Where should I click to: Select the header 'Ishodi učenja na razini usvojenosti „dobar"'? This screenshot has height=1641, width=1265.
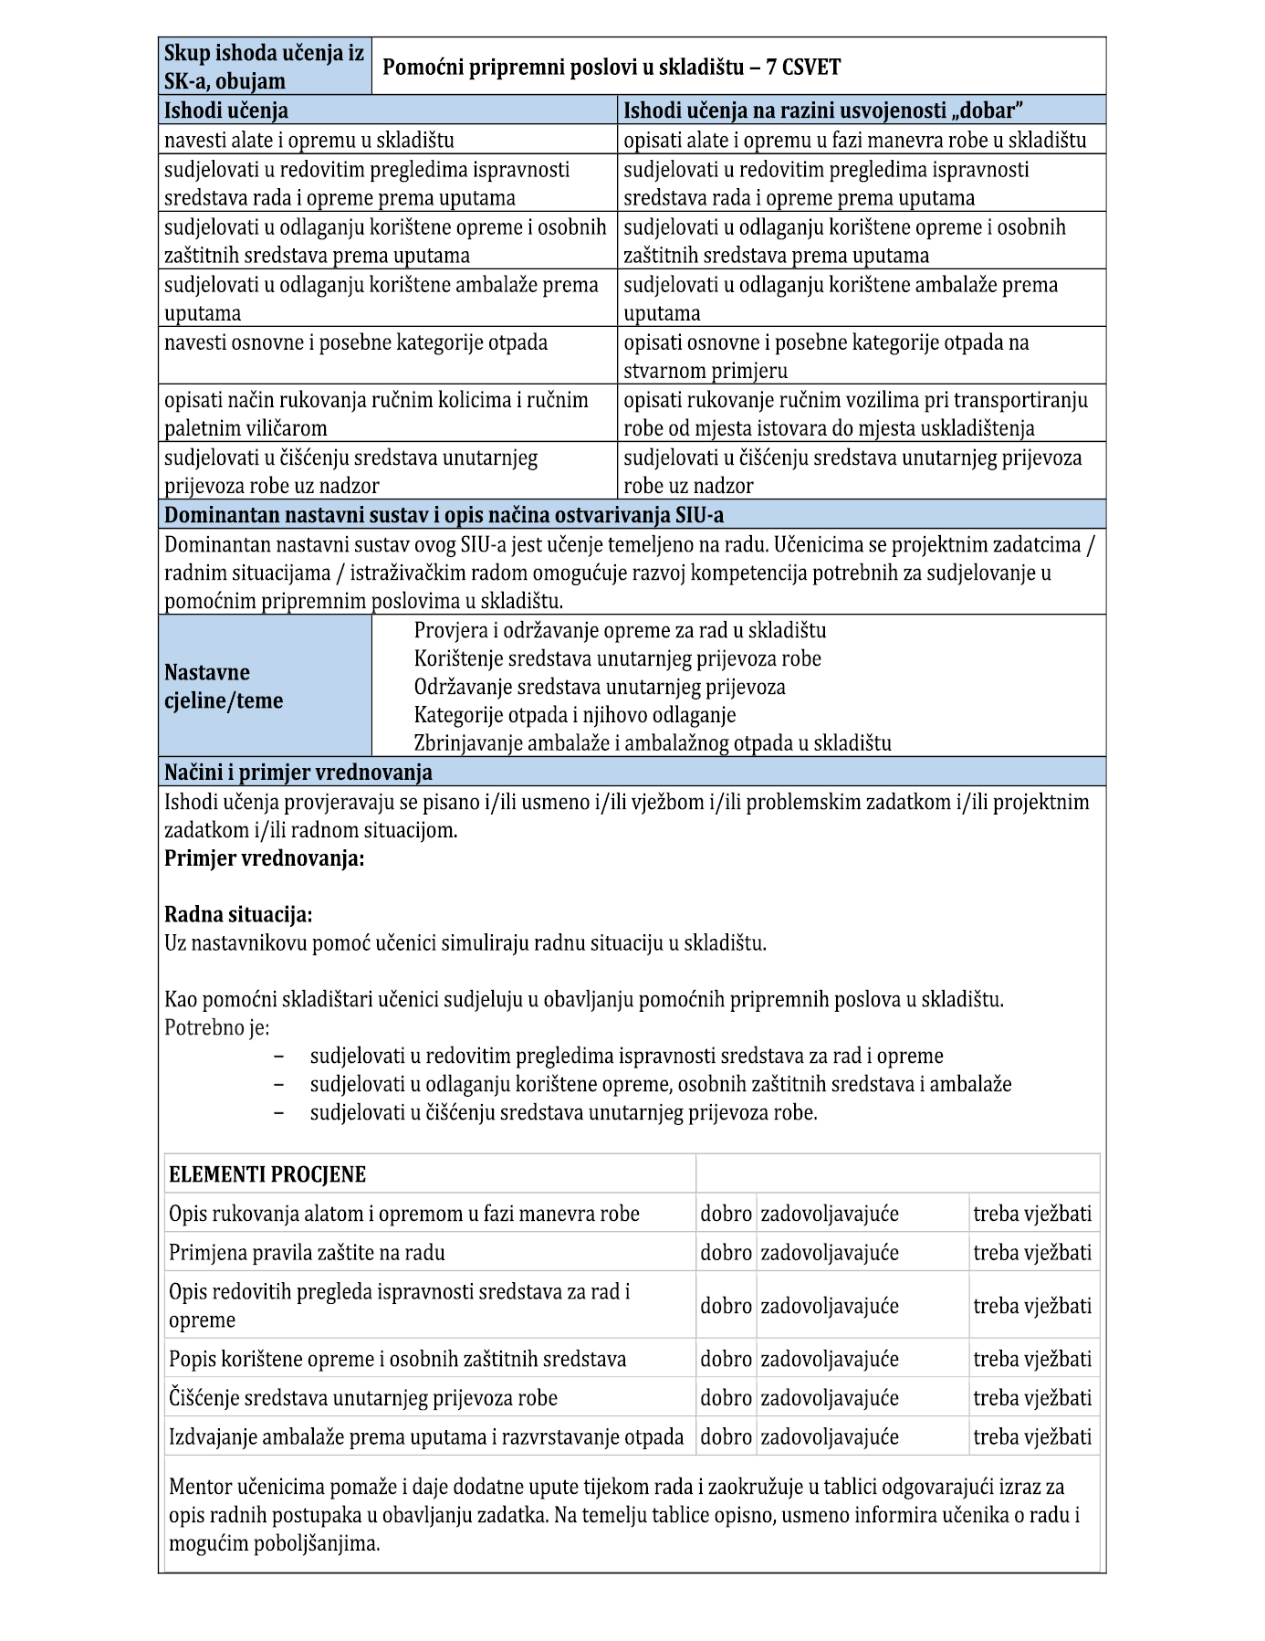pyautogui.click(x=822, y=110)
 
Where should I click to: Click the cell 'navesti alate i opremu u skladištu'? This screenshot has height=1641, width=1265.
pyautogui.click(x=308, y=140)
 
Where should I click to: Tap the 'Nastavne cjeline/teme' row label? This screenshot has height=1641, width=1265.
pyautogui.click(x=224, y=686)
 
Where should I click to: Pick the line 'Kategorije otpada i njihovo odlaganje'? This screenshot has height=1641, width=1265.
pyautogui.click(x=575, y=714)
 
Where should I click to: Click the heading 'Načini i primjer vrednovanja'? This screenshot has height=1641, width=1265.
pyautogui.click(x=298, y=772)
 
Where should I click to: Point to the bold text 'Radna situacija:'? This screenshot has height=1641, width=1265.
pyautogui.click(x=238, y=914)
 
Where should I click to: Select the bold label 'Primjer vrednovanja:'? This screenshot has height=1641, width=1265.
pyautogui.click(x=264, y=858)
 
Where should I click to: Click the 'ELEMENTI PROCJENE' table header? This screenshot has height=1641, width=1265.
pyautogui.click(x=267, y=1174)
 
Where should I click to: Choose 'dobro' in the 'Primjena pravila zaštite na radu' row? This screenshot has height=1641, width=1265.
pyautogui.click(x=726, y=1252)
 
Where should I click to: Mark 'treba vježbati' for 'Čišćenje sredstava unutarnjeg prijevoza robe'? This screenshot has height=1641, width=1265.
pyautogui.click(x=1032, y=1397)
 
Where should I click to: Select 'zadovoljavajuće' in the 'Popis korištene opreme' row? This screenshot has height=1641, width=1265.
pyautogui.click(x=830, y=1359)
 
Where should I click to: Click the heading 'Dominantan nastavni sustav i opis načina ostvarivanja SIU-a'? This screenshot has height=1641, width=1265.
pyautogui.click(x=444, y=515)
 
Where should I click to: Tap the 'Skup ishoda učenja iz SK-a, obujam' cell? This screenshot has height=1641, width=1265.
pyautogui.click(x=264, y=67)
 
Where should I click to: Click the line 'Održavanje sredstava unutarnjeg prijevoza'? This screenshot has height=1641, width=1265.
pyautogui.click(x=600, y=686)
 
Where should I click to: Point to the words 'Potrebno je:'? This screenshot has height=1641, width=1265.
pyautogui.click(x=216, y=1027)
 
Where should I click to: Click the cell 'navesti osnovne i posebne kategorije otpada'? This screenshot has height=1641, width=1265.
pyautogui.click(x=356, y=342)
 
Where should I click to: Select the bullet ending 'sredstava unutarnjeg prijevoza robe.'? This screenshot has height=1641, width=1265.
pyautogui.click(x=563, y=1112)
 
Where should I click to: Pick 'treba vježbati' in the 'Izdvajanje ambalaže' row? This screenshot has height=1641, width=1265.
pyautogui.click(x=1032, y=1436)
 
